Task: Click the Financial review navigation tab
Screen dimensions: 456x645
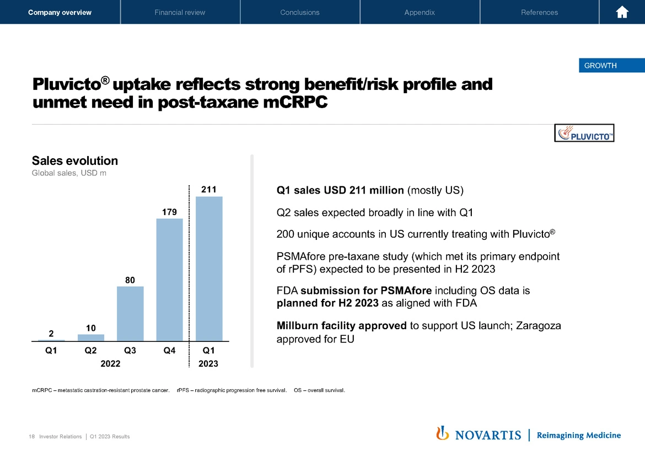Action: pyautogui.click(x=180, y=12)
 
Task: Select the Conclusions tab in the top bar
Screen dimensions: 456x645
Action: pyautogui.click(x=300, y=12)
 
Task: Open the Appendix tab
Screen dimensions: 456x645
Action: pyautogui.click(x=420, y=12)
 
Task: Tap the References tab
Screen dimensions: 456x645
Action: pyautogui.click(x=539, y=12)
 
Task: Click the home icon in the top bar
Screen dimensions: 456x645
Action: pyautogui.click(x=622, y=12)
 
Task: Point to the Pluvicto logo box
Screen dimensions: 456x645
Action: pyautogui.click(x=584, y=133)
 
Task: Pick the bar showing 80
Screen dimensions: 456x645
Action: pyautogui.click(x=130, y=314)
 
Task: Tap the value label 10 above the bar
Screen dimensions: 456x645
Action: pyautogui.click(x=90, y=328)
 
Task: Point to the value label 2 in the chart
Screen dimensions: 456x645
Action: pyautogui.click(x=51, y=334)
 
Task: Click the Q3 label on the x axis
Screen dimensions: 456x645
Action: pyautogui.click(x=130, y=350)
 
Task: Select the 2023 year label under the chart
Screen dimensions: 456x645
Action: pyautogui.click(x=208, y=364)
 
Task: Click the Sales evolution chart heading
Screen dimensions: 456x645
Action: pyautogui.click(x=75, y=161)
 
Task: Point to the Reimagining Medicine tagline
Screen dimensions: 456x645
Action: pyautogui.click(x=578, y=435)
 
